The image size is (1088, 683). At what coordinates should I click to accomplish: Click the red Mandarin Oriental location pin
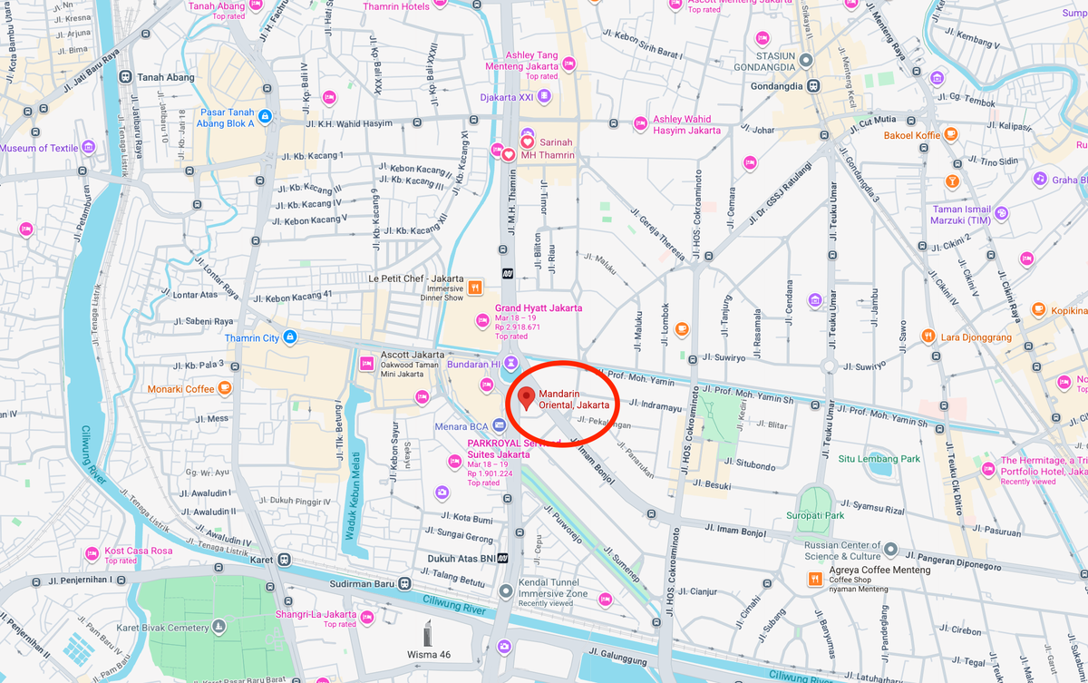pos(526,397)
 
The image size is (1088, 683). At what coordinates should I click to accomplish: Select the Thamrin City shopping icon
pos(289,337)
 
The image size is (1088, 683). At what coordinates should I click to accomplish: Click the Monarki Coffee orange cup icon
pos(224,388)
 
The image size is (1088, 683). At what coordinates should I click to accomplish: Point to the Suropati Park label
pos(815,515)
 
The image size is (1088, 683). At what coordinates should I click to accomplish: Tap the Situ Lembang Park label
pos(879,459)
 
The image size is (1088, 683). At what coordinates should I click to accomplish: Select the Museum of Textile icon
pos(88,148)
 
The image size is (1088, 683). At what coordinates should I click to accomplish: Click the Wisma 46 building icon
pos(429,633)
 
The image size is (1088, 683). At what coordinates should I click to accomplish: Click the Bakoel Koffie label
pos(912,135)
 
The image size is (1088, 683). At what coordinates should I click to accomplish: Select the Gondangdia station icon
pos(814,86)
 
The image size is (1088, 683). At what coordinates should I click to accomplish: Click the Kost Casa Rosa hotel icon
pos(92,553)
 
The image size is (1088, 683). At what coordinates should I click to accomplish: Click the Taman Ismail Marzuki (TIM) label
pos(960,214)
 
